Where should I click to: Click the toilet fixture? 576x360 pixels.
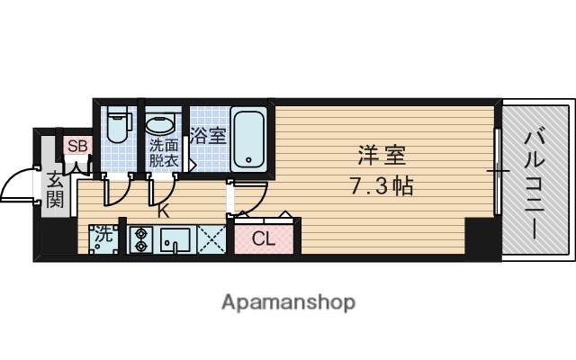click(x=118, y=129)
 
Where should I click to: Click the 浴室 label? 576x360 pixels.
click(x=208, y=138)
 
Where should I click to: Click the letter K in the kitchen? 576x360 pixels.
click(x=164, y=212)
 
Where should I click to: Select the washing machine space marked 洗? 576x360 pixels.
click(x=104, y=238)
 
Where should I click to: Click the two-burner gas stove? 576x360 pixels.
click(x=139, y=238)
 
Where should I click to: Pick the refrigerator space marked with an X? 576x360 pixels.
click(x=212, y=238)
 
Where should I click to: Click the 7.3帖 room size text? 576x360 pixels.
click(x=382, y=188)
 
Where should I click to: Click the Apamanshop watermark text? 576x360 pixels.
click(x=288, y=301)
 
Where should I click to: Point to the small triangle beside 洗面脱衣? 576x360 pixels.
click(x=191, y=165)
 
